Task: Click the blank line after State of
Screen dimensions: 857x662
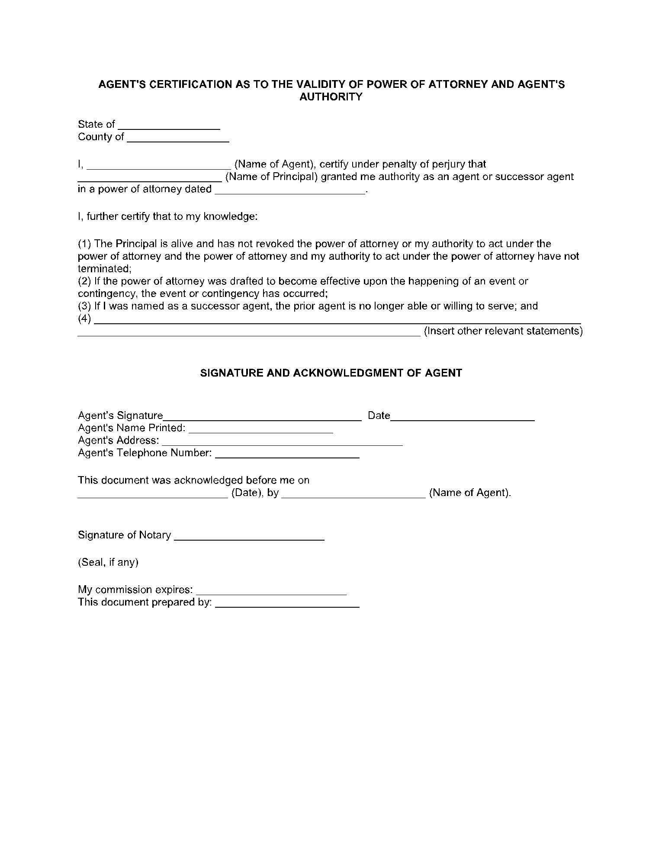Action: tap(169, 126)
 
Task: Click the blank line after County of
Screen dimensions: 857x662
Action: tap(178, 139)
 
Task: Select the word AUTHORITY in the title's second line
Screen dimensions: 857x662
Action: tap(331, 97)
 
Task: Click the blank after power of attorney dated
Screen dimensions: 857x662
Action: tap(290, 191)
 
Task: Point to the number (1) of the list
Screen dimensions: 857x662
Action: tap(84, 243)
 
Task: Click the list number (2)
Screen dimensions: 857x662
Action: tap(84, 281)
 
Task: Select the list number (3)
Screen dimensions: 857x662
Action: tap(84, 306)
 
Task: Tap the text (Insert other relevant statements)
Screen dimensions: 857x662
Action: tap(503, 331)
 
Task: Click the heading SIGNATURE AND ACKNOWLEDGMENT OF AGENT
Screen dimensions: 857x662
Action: tap(331, 373)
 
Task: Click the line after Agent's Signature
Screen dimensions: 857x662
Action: tap(262, 418)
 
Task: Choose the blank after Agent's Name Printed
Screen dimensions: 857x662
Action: tap(261, 430)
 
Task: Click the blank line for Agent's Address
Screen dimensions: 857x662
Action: tap(282, 443)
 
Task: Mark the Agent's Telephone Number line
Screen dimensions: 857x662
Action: tap(287, 455)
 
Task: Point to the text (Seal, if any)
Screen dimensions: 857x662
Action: tap(108, 562)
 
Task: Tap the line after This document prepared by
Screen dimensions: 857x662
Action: tap(287, 605)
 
